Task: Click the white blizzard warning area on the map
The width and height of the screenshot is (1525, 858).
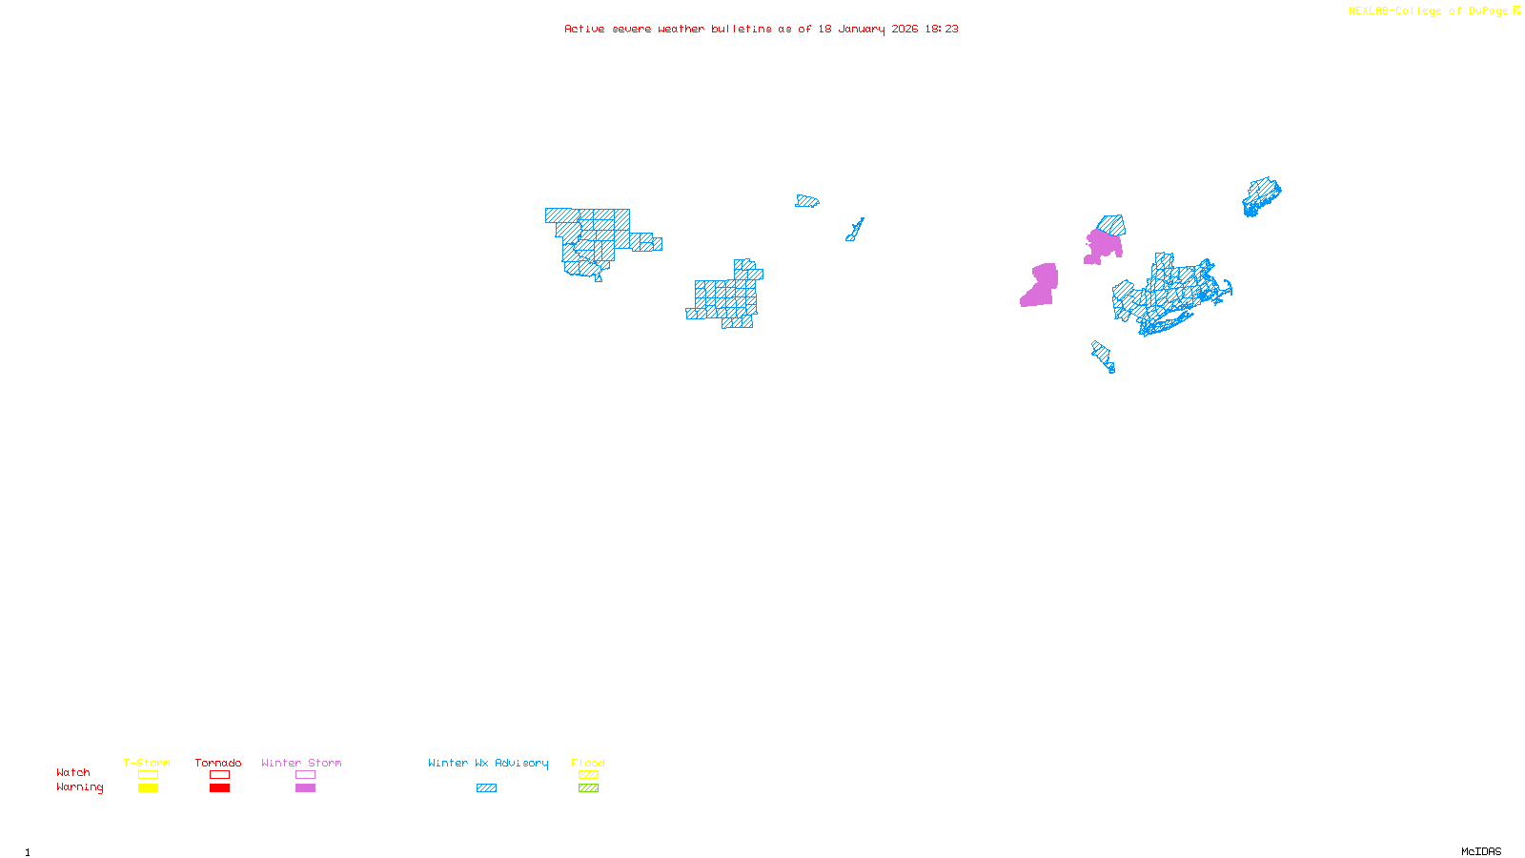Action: (x=646, y=220)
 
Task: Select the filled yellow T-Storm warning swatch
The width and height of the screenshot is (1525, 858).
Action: (x=148, y=788)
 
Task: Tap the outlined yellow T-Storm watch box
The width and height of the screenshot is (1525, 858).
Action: (x=148, y=775)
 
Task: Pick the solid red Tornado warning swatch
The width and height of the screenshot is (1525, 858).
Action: (x=219, y=788)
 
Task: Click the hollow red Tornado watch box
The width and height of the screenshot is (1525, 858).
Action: (x=219, y=775)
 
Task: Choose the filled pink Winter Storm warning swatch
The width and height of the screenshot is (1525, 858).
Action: (x=305, y=788)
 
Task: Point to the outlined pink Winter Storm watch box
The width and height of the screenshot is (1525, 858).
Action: (x=305, y=775)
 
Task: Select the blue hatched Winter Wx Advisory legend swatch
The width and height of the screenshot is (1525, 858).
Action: (x=486, y=788)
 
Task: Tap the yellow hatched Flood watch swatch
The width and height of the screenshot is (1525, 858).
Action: (x=588, y=775)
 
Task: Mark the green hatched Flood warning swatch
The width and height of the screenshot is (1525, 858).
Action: (x=588, y=788)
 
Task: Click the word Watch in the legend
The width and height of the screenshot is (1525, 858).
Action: (x=73, y=773)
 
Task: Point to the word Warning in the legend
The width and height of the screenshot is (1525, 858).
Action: (x=79, y=787)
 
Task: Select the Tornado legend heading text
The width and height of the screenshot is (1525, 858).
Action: (x=218, y=763)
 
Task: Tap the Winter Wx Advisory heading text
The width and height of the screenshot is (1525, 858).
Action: (x=488, y=763)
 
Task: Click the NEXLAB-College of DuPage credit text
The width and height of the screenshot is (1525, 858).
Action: (x=1429, y=11)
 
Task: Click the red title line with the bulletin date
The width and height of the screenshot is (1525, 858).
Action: (x=761, y=29)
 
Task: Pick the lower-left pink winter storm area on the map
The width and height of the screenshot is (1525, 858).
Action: (x=1040, y=286)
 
